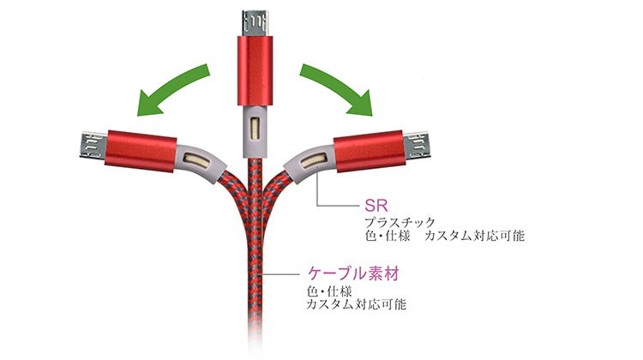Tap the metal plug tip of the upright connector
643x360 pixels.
coord(255,23)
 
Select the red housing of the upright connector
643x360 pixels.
coord(255,71)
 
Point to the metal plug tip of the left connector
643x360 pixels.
coord(93,145)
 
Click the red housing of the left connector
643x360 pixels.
coord(141,151)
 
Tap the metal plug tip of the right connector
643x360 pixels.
coord(416,145)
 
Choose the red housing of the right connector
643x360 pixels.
coord(369,151)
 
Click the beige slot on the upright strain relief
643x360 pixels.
coord(255,129)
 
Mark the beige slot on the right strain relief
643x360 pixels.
coord(314,160)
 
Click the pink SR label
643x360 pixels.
coord(376,205)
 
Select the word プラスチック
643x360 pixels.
coord(400,223)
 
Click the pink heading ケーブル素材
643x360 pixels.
coord(353,273)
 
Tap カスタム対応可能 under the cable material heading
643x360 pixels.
coord(357,304)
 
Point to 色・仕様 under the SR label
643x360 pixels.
coord(388,236)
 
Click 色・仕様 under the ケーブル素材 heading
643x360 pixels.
coord(329,291)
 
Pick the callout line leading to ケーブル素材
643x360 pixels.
coord(282,273)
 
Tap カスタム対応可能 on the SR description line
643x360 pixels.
coord(474,236)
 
